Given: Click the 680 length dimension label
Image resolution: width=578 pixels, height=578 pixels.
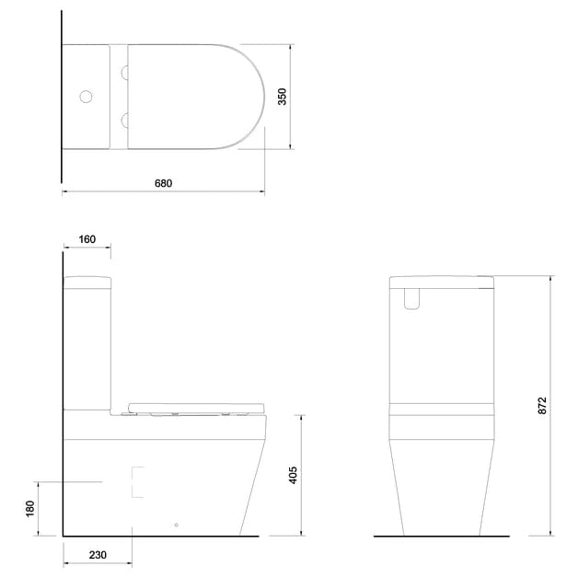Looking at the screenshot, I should point(163,183).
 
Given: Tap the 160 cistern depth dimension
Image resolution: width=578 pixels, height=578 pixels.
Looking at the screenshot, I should point(87,239).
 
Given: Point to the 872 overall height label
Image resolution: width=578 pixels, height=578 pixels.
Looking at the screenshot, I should point(542,406).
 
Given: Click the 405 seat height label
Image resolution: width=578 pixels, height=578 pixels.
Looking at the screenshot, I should point(294,475).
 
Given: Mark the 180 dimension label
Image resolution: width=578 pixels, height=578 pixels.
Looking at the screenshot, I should point(29,508).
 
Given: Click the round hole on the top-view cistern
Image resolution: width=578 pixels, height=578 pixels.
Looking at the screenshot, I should point(86,96).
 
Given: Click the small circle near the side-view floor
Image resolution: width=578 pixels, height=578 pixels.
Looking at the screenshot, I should point(176,526).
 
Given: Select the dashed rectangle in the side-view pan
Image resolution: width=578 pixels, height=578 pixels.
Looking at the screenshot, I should point(139,481).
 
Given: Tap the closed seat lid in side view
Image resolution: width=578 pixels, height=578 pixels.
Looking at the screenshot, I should point(197,407).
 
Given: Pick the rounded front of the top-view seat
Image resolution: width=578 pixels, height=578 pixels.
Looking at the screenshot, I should point(249,96).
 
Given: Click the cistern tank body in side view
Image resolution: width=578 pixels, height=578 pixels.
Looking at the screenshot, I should point(87,345).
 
